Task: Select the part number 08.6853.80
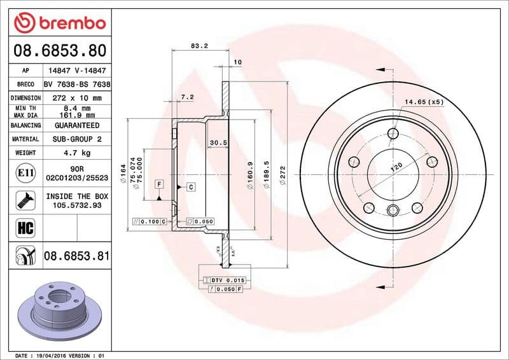(x=60, y=50)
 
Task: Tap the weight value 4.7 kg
(x=77, y=153)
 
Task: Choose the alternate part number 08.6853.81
(x=77, y=256)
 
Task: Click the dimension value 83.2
(x=200, y=46)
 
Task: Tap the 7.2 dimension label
(x=187, y=97)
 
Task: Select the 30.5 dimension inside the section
(x=218, y=142)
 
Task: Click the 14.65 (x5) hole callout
(x=424, y=102)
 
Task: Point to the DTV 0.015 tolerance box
(x=228, y=280)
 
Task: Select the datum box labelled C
(x=190, y=187)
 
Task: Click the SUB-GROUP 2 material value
(x=77, y=139)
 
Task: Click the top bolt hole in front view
(x=393, y=134)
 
